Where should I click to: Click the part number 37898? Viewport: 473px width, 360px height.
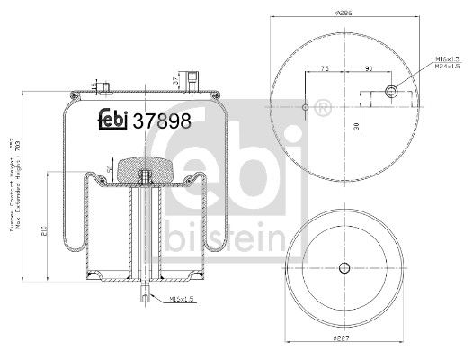[x=162, y=122]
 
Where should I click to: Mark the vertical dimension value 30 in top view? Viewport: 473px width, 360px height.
[x=358, y=125]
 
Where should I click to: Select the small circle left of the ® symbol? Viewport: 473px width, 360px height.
[x=306, y=109]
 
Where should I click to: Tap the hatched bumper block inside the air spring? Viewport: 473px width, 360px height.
[x=144, y=167]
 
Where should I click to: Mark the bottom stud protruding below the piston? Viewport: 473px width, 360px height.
[x=144, y=294]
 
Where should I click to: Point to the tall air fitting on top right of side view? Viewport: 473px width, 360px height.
[x=195, y=78]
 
